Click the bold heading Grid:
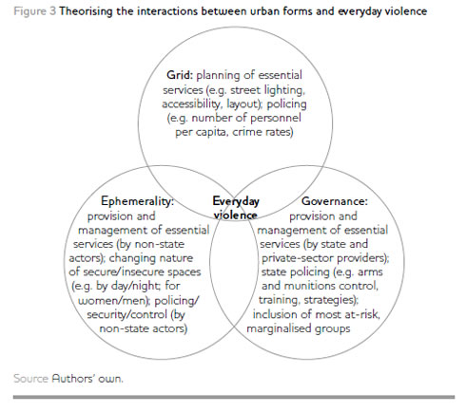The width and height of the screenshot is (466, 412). (180, 76)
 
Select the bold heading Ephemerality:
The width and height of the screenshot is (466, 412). (138, 201)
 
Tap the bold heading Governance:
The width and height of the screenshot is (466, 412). (335, 201)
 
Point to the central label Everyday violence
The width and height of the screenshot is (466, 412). (236, 208)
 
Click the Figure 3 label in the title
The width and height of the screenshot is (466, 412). (35, 11)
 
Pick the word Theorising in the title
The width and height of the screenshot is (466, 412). (87, 11)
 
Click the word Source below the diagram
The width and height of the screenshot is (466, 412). (30, 379)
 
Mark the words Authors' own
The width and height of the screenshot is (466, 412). (87, 379)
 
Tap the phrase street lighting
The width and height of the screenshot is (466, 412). (267, 90)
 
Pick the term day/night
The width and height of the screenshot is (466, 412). (131, 286)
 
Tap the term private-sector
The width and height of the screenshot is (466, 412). (298, 258)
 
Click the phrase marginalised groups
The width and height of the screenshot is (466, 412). (299, 328)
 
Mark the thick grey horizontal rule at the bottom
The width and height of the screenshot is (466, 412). (234, 397)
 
